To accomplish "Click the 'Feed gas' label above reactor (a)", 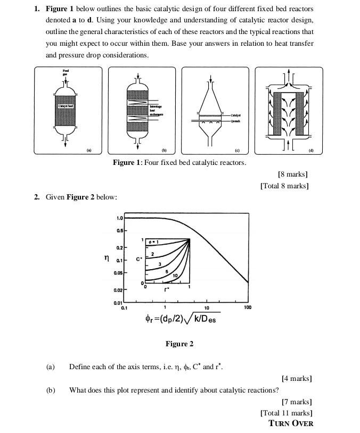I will [x=66, y=72].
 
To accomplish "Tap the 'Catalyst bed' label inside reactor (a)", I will [x=66, y=106].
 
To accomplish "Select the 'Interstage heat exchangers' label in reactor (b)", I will [x=157, y=110].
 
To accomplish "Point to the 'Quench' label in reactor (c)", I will [x=236, y=120].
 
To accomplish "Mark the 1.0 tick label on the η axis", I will [x=119, y=218].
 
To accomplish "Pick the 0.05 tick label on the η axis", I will [x=118, y=273].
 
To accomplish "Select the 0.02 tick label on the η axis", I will [x=118, y=290].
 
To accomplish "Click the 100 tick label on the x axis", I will [x=247, y=308].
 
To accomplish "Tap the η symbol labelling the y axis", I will [x=106, y=258].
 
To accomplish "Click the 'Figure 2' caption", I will [x=179, y=344].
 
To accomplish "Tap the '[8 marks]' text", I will [x=292, y=174].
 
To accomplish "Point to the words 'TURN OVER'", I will [x=291, y=423].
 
